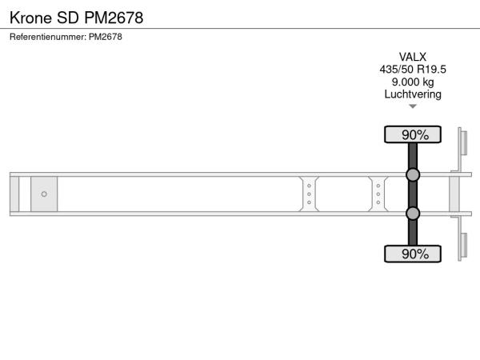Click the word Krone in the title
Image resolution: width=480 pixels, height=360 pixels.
tap(30, 18)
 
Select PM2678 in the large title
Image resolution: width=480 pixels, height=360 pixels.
tap(114, 18)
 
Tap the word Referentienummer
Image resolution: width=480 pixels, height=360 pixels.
tap(48, 37)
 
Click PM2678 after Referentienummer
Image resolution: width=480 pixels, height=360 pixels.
tap(106, 37)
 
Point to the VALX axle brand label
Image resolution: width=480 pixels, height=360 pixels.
tap(413, 57)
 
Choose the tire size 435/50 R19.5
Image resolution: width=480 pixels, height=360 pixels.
tap(413, 70)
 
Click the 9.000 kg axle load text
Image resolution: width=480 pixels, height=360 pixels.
tap(413, 82)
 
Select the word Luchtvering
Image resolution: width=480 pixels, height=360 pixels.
tap(413, 94)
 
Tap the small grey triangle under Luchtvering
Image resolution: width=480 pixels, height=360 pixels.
tap(413, 106)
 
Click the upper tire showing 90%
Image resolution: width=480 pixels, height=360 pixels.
tap(413, 134)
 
